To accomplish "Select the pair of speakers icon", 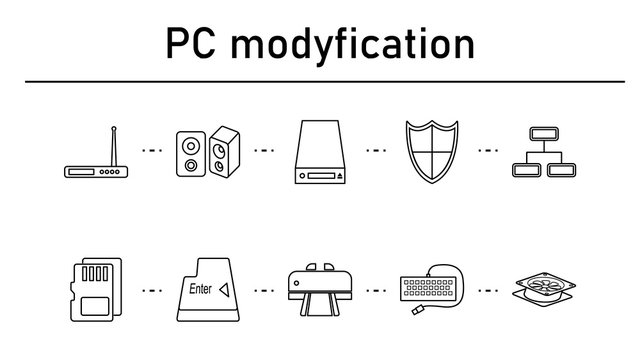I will (207, 153).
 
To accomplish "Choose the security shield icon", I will (432, 152).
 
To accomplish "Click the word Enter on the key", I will (201, 290).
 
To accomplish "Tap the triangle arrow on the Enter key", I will (225, 290).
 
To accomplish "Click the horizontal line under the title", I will (320, 81).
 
